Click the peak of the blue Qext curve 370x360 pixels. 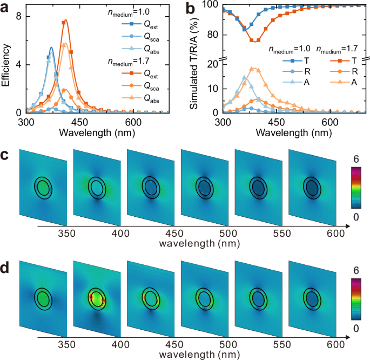51,48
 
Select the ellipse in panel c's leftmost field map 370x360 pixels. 43,187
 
